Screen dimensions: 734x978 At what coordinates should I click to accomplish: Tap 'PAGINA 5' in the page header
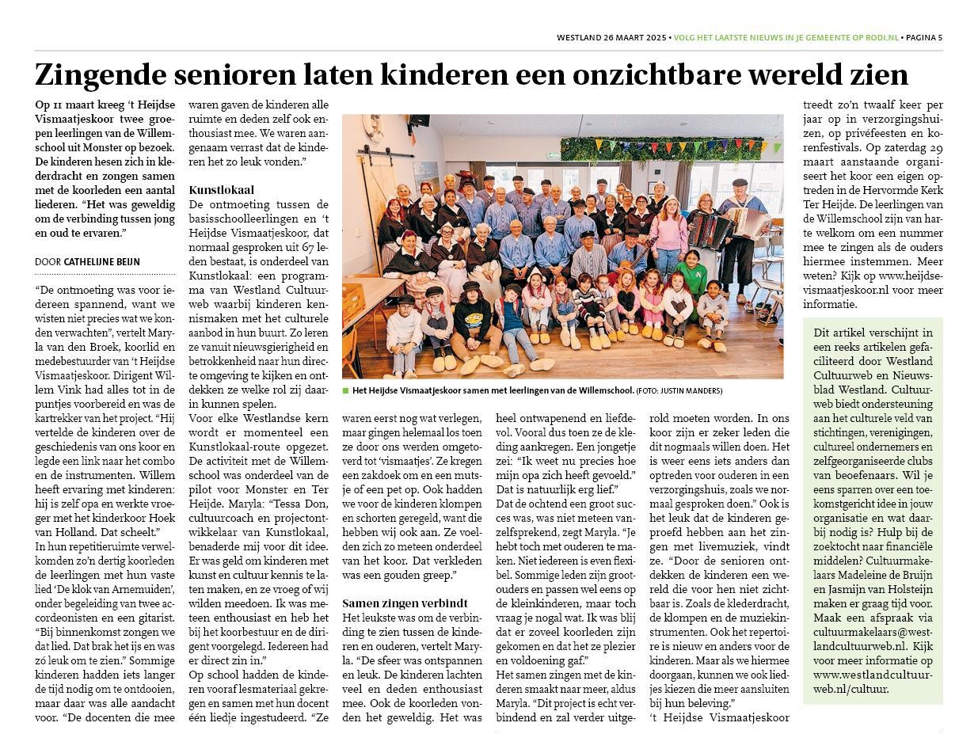pyautogui.click(x=923, y=37)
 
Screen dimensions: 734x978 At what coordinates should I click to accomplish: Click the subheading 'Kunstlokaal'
pyautogui.click(x=222, y=190)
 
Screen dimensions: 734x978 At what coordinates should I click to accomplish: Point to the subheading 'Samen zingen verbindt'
pyautogui.click(x=404, y=603)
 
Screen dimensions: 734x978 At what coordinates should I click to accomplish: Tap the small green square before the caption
pyautogui.click(x=346, y=391)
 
